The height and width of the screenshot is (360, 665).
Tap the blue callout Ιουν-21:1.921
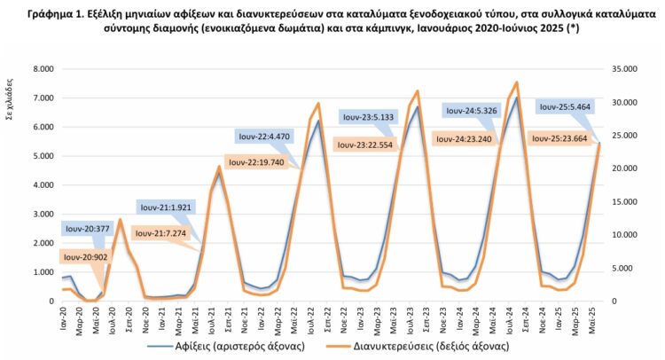coord(165,206)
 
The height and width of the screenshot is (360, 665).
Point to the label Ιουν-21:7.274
coord(161,233)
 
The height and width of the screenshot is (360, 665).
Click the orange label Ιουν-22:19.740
coord(259,162)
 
